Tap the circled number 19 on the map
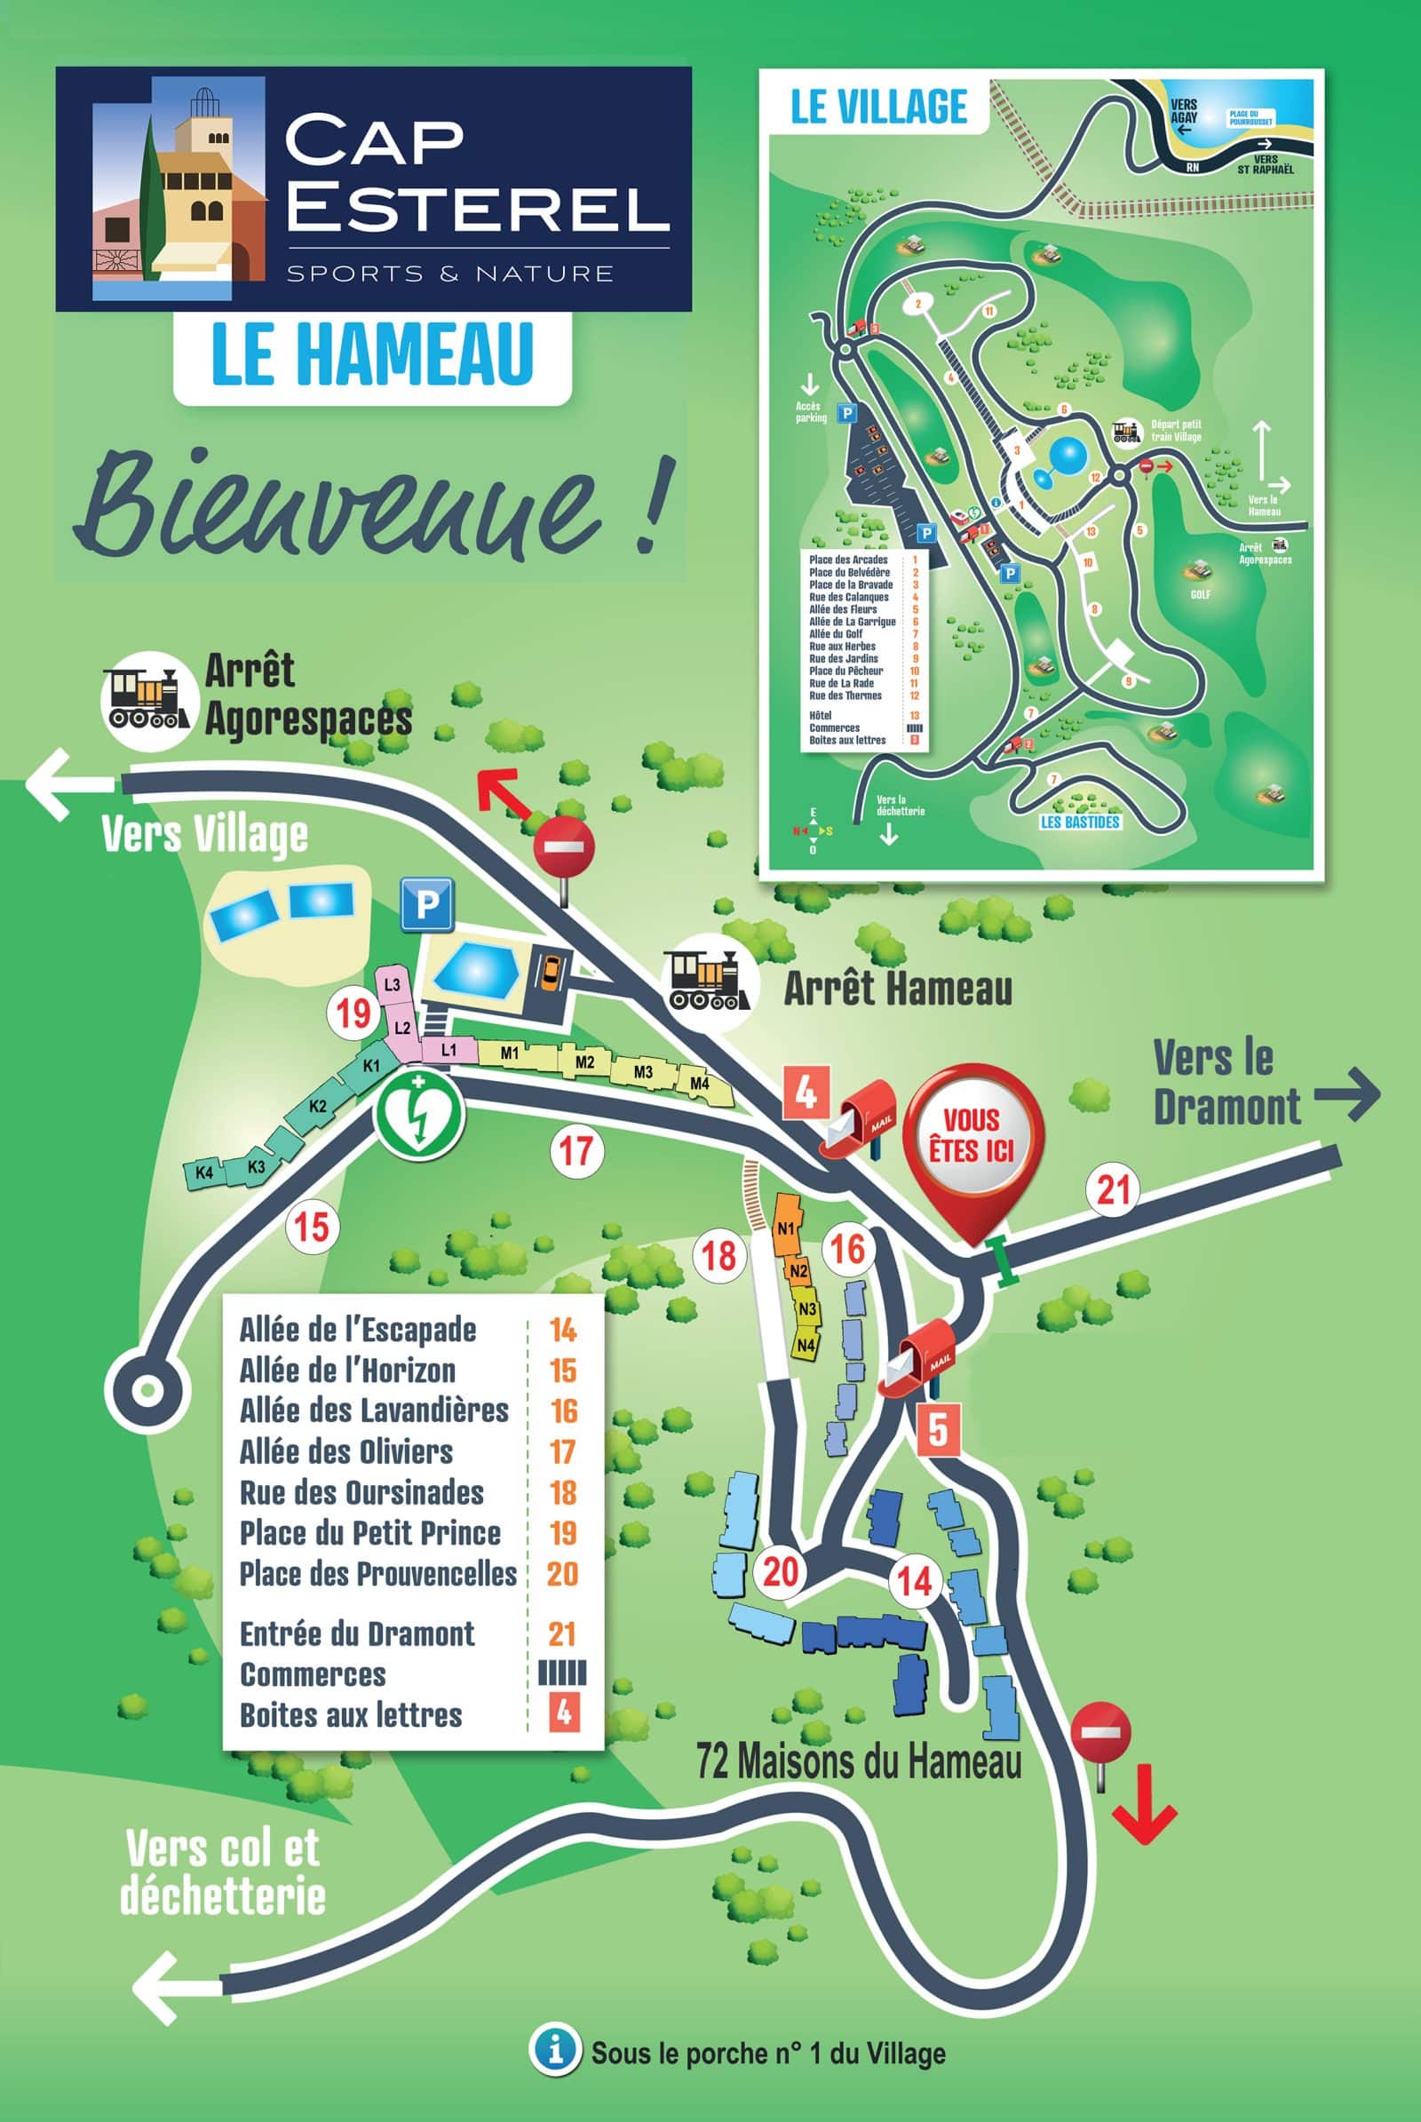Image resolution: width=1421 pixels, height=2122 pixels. click(353, 1012)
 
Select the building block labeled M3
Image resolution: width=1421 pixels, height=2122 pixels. click(642, 1072)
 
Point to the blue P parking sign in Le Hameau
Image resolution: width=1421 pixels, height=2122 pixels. click(427, 904)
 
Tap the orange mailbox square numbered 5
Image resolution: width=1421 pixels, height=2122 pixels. click(937, 1430)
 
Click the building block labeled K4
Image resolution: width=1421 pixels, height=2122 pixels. click(204, 1173)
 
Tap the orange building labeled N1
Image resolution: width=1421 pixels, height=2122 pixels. click(787, 1229)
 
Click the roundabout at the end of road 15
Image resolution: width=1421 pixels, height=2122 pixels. click(146, 1387)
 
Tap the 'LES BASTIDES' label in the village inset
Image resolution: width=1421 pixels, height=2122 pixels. click(1079, 823)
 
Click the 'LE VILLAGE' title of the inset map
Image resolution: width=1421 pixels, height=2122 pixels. click(878, 106)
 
